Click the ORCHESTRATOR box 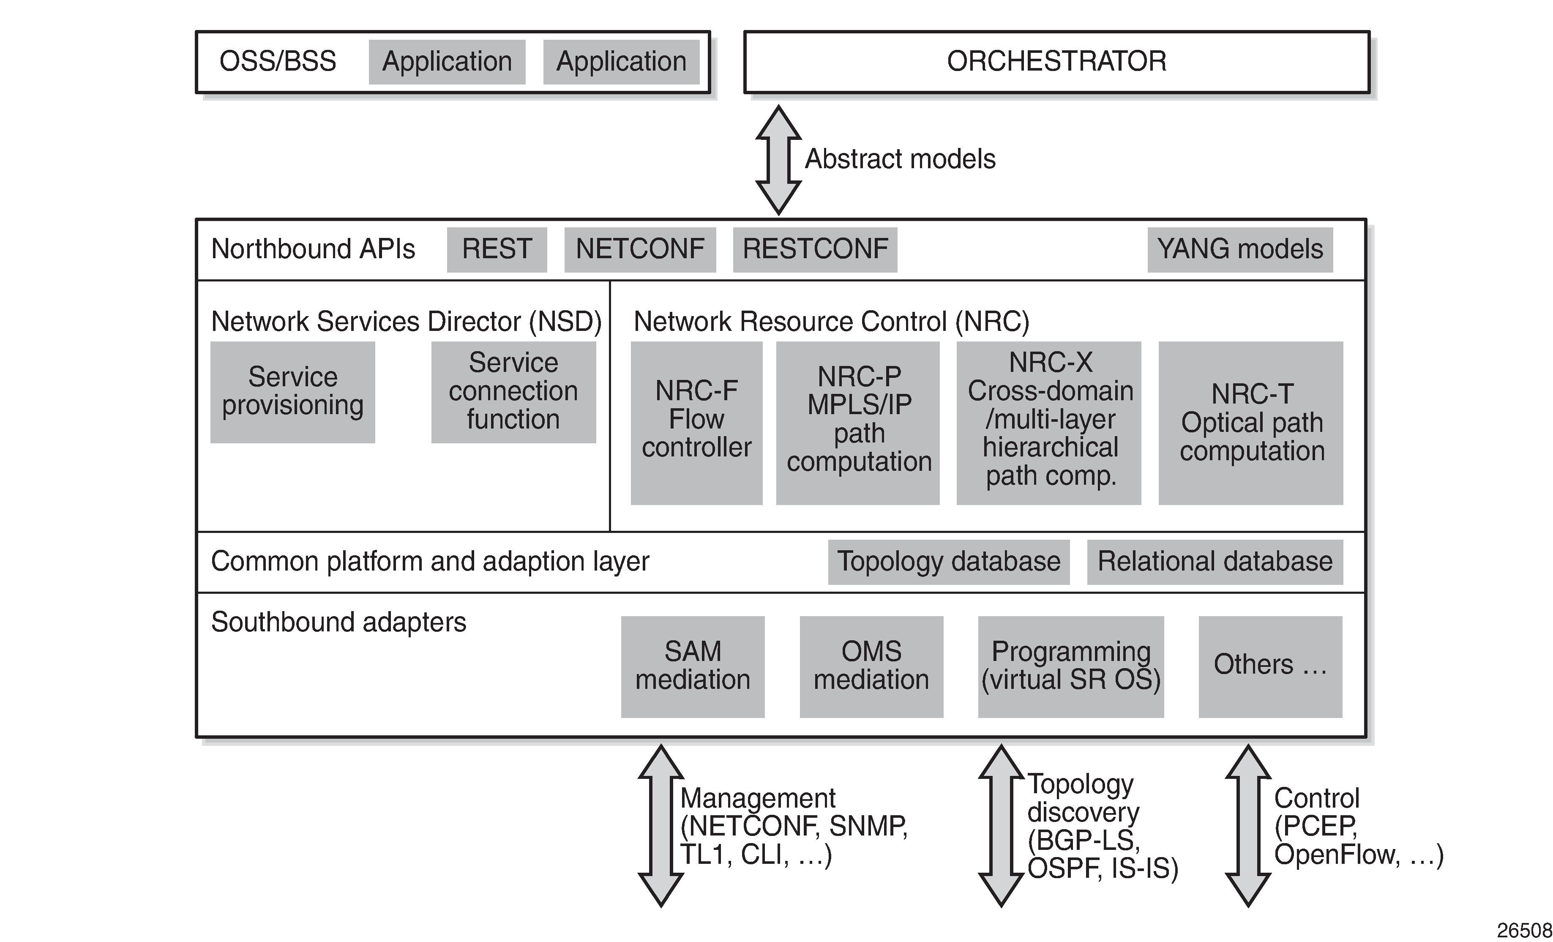pyautogui.click(x=1057, y=62)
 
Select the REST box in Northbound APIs pyautogui.click(x=497, y=250)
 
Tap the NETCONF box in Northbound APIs pyautogui.click(x=640, y=250)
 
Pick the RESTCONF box pyautogui.click(x=815, y=250)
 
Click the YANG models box pyautogui.click(x=1240, y=250)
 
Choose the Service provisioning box pyautogui.click(x=292, y=392)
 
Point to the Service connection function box pyautogui.click(x=513, y=392)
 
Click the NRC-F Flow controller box pyautogui.click(x=696, y=423)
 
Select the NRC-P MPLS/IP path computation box pyautogui.click(x=858, y=423)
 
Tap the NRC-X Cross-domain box pyautogui.click(x=1049, y=423)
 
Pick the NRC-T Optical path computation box pyautogui.click(x=1250, y=423)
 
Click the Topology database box pyautogui.click(x=949, y=562)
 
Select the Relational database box pyautogui.click(x=1215, y=562)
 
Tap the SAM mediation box pyautogui.click(x=693, y=666)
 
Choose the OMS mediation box pyautogui.click(x=871, y=666)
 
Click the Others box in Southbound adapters pyautogui.click(x=1270, y=666)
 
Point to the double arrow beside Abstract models pyautogui.click(x=778, y=160)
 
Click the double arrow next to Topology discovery pyautogui.click(x=1001, y=826)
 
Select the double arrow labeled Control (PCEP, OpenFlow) pyautogui.click(x=1248, y=826)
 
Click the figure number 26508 pyautogui.click(x=1524, y=930)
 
